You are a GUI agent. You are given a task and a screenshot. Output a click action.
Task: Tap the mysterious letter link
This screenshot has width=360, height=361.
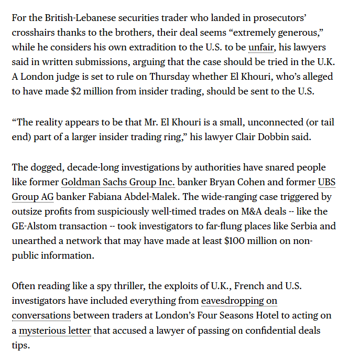(x=54, y=331)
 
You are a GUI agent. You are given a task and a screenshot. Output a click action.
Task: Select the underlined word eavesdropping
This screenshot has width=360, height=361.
(x=239, y=301)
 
